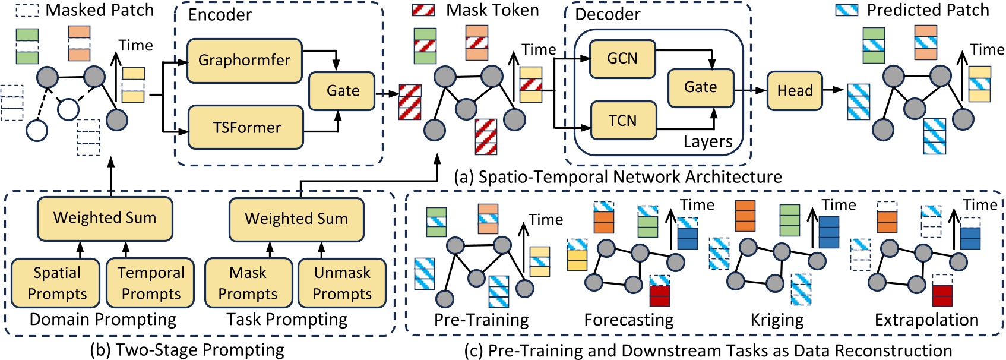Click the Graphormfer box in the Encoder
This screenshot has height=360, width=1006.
(244, 60)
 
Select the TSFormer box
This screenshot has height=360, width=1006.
(246, 127)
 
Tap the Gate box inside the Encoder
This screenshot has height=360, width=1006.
(342, 91)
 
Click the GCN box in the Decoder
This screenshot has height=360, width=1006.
(622, 58)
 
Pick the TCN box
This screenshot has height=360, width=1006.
(622, 121)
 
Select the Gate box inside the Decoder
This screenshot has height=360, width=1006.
(701, 87)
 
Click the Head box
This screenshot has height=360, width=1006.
(795, 91)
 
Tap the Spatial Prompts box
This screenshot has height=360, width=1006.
(57, 283)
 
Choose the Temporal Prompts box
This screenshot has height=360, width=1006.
(151, 283)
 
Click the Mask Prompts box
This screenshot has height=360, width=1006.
(248, 283)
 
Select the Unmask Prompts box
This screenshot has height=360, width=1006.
(342, 283)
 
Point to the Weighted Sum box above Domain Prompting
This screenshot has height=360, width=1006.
(105, 218)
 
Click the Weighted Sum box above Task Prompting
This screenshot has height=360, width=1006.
(296, 219)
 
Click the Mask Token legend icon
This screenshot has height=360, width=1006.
(423, 10)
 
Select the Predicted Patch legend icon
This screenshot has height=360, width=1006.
(846, 10)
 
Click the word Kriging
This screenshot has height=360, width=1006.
(777, 320)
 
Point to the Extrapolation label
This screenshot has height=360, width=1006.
(926, 320)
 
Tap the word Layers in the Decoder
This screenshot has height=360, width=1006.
(707, 142)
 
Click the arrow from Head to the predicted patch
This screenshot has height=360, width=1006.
(834, 90)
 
